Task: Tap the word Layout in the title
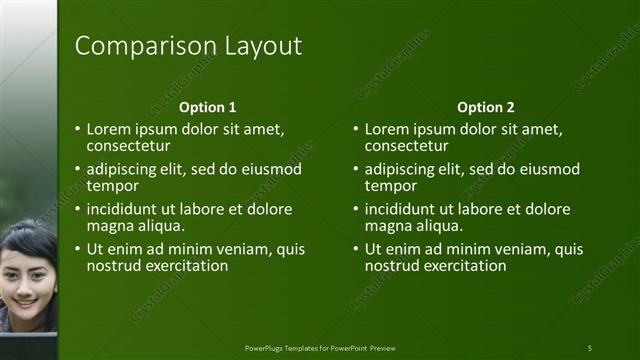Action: point(258,46)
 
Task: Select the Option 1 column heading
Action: point(207,107)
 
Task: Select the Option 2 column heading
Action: point(485,107)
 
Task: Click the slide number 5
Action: point(590,347)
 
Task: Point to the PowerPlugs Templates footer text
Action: point(320,347)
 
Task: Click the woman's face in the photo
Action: point(27,275)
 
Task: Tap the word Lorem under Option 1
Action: point(109,129)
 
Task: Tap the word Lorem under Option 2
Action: point(387,129)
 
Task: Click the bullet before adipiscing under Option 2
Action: point(356,169)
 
